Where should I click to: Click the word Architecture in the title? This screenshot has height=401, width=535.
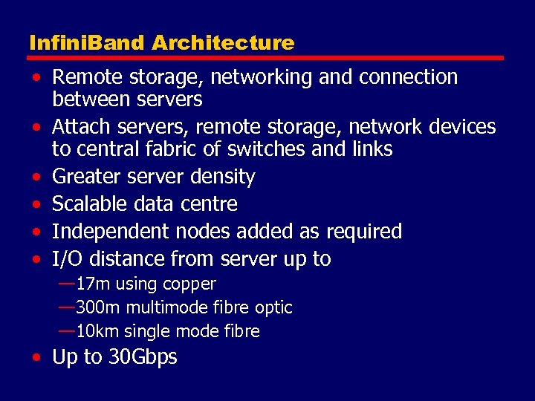coord(223,43)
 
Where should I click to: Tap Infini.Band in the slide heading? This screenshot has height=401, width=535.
coord(87,43)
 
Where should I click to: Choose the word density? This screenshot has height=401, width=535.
coord(221,177)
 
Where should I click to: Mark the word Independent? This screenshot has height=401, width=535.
coord(111,232)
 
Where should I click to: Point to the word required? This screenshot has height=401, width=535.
coord(363,232)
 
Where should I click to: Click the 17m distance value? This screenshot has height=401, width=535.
coord(92,284)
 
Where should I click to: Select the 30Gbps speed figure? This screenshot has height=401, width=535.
coord(143,357)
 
